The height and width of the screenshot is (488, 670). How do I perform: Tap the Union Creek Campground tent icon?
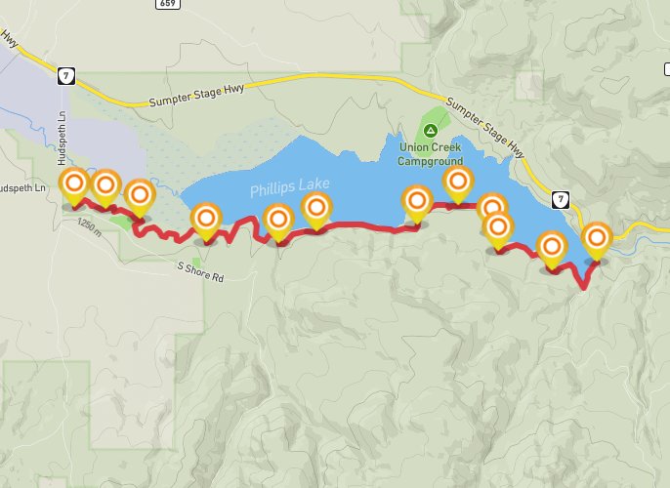point(432,131)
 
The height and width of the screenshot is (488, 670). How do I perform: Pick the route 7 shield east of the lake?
point(559,199)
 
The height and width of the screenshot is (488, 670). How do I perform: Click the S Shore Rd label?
point(200,271)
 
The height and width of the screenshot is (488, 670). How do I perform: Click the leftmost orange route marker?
point(75,183)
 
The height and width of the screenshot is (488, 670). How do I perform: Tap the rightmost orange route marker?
point(596,238)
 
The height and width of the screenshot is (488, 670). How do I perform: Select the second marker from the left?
point(105,183)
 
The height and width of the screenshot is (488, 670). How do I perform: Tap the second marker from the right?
point(553,247)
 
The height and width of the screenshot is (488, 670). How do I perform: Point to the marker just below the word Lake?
point(316,207)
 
